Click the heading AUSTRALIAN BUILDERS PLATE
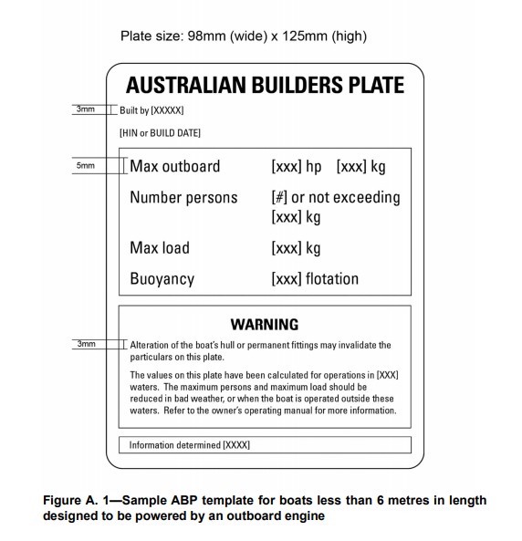[x=265, y=87]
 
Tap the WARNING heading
[x=265, y=324]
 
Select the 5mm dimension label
[x=85, y=167]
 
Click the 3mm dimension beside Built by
[x=85, y=109]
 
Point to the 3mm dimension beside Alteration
[x=85, y=344]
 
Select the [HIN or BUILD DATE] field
[x=160, y=133]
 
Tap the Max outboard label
[x=175, y=167]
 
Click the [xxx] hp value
[x=297, y=167]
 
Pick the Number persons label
[x=183, y=197]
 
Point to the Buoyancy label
[x=162, y=279]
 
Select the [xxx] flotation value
[x=315, y=279]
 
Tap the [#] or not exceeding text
[x=336, y=197]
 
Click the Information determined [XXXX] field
[x=190, y=445]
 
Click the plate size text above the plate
[x=244, y=36]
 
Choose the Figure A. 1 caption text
[x=265, y=507]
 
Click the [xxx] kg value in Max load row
[x=296, y=248]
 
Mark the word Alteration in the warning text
[x=151, y=345]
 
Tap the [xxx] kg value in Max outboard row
[x=361, y=167]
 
